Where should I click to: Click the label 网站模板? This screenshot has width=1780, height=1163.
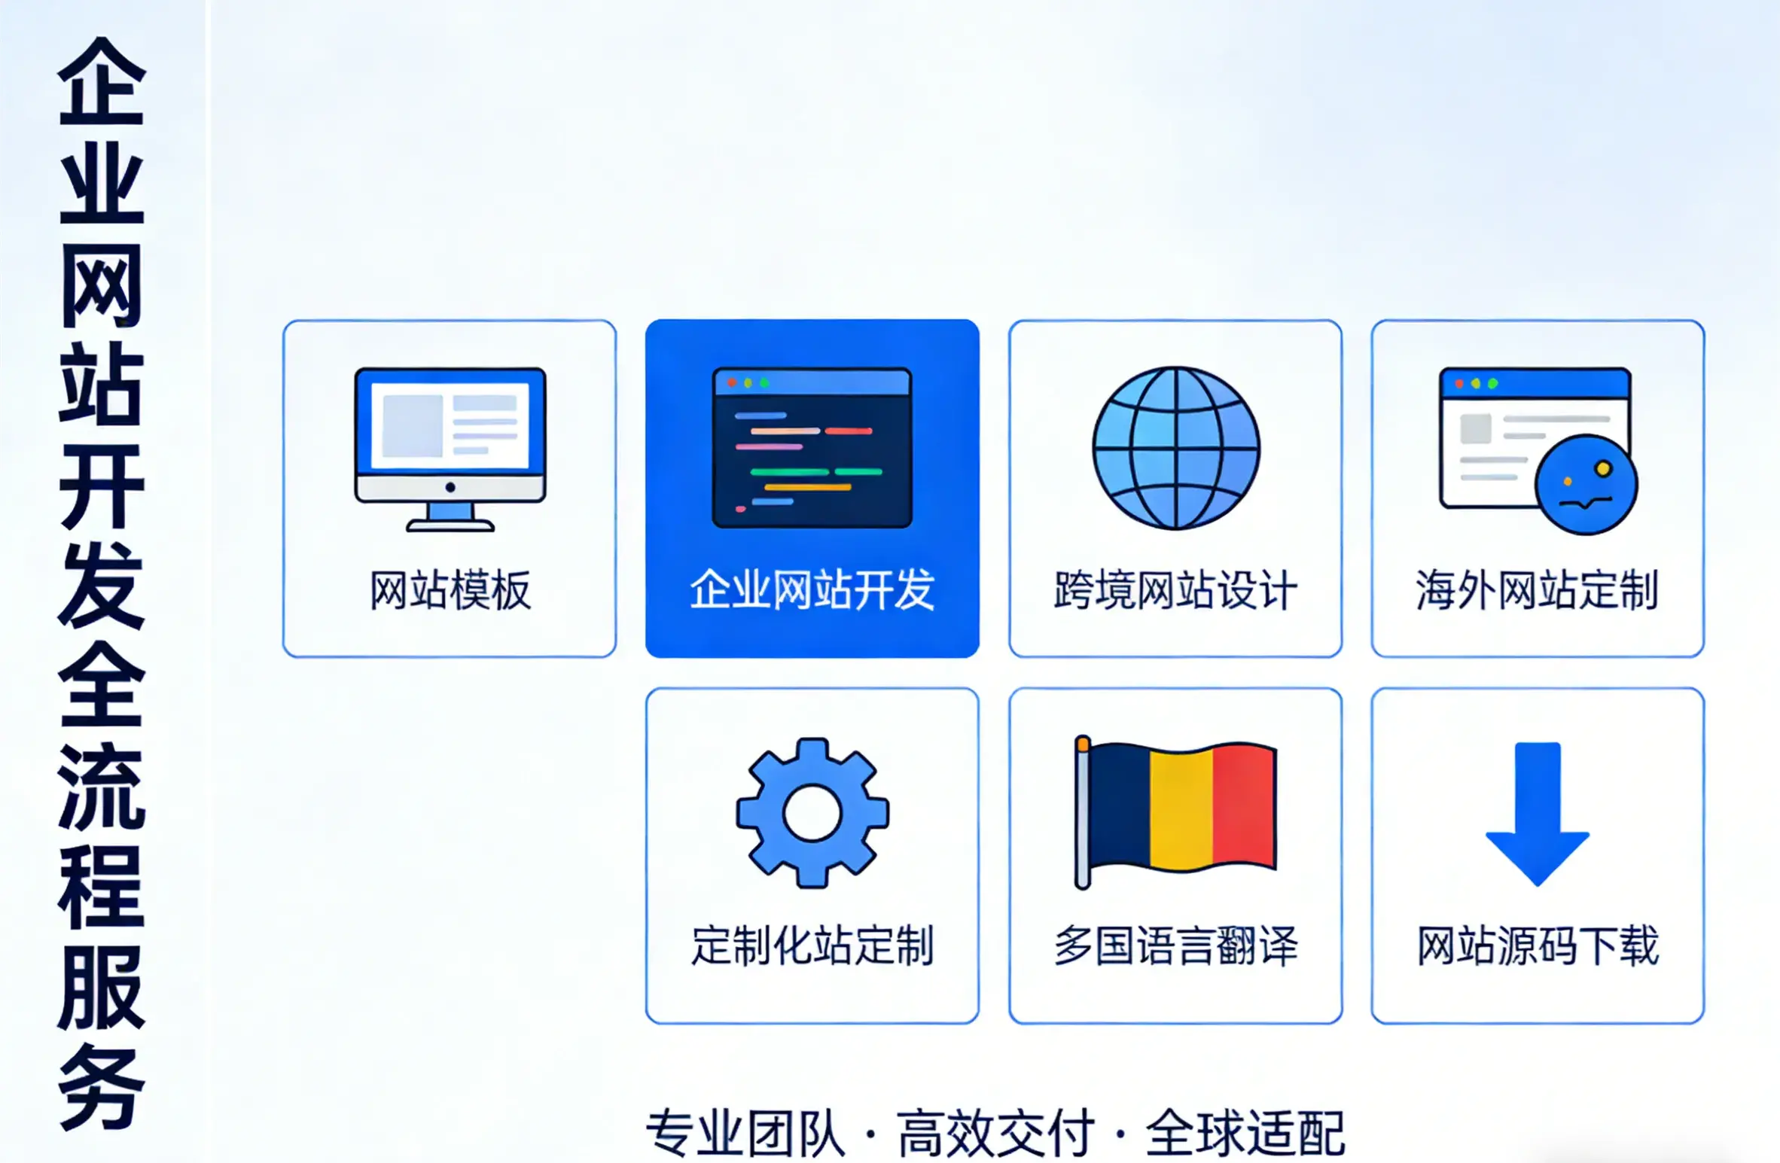coord(450,590)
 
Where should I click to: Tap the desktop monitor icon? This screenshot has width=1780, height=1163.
coord(450,448)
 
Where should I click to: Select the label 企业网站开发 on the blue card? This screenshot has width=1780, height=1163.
coord(812,590)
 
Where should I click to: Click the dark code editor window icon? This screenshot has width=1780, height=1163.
coord(812,447)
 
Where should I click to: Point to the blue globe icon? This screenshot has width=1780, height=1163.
coord(1175,448)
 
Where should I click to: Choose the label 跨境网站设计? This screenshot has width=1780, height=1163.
coord(1175,590)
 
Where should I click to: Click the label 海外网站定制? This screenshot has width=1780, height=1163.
coord(1537,590)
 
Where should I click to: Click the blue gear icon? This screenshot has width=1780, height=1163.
coord(812,812)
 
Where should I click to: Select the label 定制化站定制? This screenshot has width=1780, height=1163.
coord(812,945)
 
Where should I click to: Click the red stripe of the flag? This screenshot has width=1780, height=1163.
coord(1243,805)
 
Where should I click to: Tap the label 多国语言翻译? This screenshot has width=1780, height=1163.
coord(1175,945)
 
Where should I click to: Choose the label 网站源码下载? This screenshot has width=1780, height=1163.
coord(1537,945)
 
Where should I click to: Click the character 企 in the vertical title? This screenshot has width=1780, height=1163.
coord(102,83)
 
